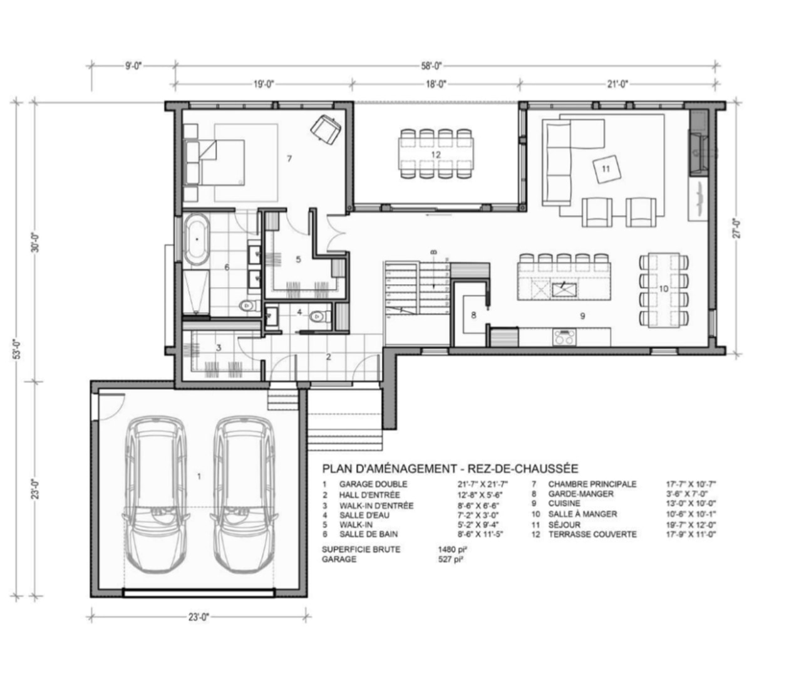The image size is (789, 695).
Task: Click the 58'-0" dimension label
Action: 431,66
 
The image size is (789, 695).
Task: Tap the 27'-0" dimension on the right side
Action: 737,229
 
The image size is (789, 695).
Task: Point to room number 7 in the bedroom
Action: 289,159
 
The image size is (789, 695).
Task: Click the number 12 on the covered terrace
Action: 436,155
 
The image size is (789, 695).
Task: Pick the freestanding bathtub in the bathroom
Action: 197,241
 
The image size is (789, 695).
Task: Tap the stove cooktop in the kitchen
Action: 564,337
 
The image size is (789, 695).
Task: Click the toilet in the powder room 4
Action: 320,316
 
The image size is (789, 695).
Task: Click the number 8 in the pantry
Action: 473,315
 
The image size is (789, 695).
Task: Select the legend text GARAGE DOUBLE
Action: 373,484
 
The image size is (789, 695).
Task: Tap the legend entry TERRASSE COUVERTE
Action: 592,534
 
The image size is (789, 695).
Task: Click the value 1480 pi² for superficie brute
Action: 452,549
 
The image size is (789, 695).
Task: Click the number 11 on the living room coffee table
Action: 606,169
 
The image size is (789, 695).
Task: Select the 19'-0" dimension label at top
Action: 264,84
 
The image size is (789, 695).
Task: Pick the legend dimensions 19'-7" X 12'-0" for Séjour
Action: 691,525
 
